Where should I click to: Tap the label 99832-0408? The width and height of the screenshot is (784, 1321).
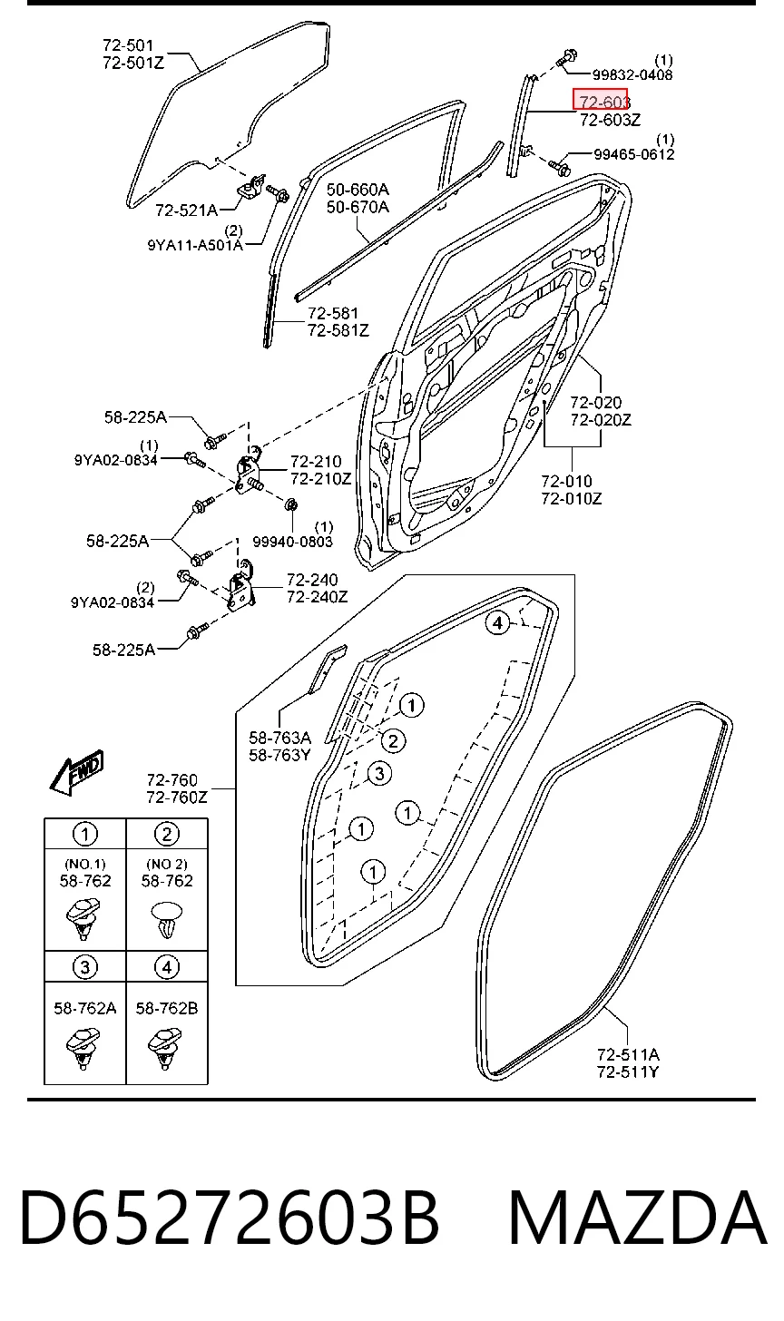point(632,75)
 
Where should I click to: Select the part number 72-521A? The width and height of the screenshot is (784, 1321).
point(186,210)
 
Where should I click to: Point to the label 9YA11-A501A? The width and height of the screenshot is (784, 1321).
point(195,245)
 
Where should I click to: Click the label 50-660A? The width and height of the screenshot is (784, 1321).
point(358,190)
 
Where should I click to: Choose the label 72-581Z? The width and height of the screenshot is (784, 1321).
point(338,330)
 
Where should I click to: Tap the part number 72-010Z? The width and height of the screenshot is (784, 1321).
point(572,499)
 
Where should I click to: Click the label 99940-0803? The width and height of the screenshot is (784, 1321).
point(292,542)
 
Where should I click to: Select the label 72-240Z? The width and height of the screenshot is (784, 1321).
point(318,597)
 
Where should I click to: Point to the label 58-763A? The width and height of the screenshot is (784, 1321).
point(280,737)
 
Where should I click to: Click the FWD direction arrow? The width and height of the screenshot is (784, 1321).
point(77,772)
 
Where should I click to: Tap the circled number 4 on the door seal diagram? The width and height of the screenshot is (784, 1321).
point(497,622)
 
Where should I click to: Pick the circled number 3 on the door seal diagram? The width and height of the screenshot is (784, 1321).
point(379,773)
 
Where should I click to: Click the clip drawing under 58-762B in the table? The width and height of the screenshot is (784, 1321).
point(164,1049)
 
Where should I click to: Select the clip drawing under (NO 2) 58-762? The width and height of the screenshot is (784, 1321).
point(167,919)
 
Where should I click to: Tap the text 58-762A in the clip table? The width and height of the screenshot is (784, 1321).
point(85,1009)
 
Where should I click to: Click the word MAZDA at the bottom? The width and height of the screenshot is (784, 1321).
point(638,1218)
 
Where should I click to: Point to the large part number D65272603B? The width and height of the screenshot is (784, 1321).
point(230,1218)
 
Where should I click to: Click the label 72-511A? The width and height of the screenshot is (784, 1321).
point(628,1054)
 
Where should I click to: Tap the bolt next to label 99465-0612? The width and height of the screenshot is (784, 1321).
point(558,168)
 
